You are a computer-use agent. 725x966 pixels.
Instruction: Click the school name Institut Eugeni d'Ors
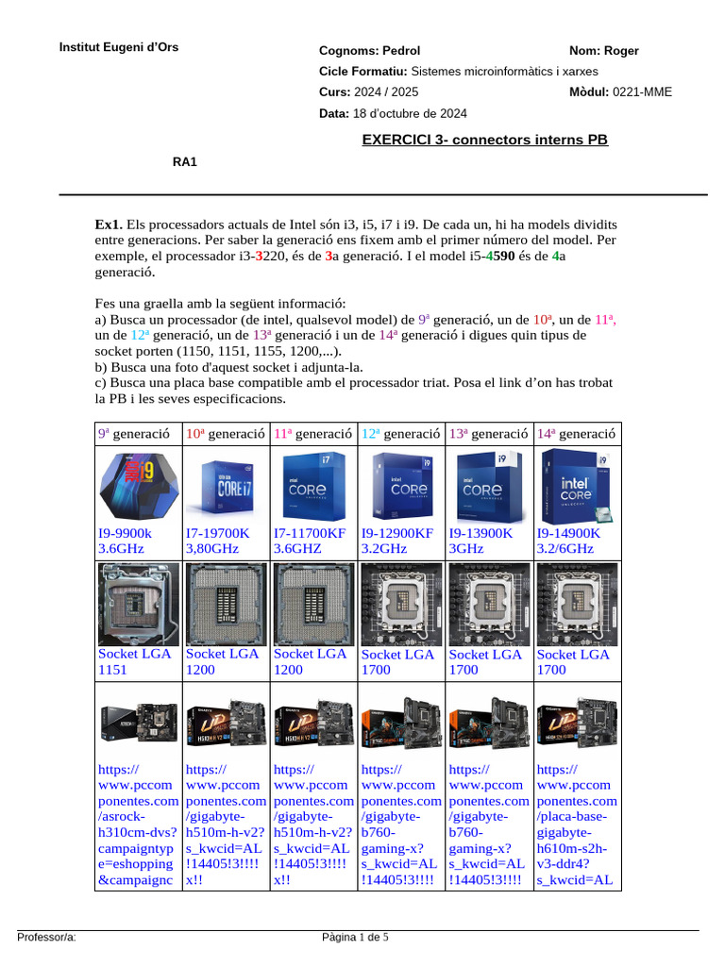[x=118, y=47]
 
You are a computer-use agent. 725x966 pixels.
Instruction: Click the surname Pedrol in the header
[x=398, y=51]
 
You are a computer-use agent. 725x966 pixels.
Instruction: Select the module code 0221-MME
[x=643, y=92]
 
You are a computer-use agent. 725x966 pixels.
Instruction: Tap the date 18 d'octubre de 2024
[x=410, y=113]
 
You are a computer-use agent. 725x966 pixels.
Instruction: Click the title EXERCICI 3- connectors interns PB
[x=485, y=141]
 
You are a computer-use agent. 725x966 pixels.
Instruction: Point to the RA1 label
[x=184, y=162]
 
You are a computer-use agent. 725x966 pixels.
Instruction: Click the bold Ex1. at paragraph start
[x=109, y=225]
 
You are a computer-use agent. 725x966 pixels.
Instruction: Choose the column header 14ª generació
[x=577, y=434]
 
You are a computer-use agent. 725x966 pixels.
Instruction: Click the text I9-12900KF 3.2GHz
[x=396, y=541]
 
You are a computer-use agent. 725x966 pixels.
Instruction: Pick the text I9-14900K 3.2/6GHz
[x=570, y=541]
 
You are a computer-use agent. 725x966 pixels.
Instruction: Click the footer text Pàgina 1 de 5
[x=355, y=938]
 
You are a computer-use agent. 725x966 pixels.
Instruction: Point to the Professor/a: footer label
[x=46, y=938]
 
